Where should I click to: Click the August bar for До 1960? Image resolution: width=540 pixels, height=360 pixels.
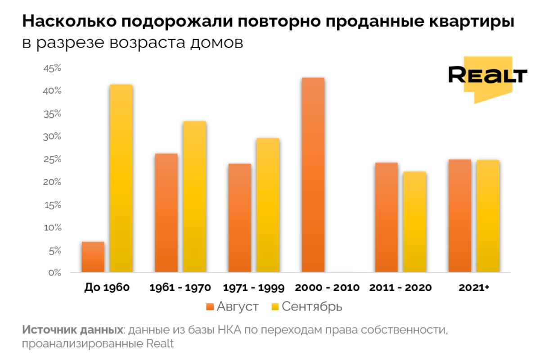click(x=93, y=257)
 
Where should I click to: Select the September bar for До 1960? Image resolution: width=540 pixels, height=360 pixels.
click(x=121, y=178)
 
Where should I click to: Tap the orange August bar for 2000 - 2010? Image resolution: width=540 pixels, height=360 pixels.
click(x=313, y=175)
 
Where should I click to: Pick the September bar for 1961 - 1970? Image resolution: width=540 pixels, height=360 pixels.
click(x=194, y=197)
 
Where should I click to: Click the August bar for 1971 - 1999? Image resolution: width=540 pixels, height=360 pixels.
click(x=239, y=218)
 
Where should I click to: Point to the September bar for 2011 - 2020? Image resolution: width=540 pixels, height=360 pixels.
click(x=414, y=222)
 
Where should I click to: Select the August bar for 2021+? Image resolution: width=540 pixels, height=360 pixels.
click(x=459, y=216)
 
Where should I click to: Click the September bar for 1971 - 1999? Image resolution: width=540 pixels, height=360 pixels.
click(x=268, y=205)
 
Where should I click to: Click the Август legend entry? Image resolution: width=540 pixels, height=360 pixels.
click(x=233, y=307)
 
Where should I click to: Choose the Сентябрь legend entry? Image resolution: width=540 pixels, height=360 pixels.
click(x=307, y=307)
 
